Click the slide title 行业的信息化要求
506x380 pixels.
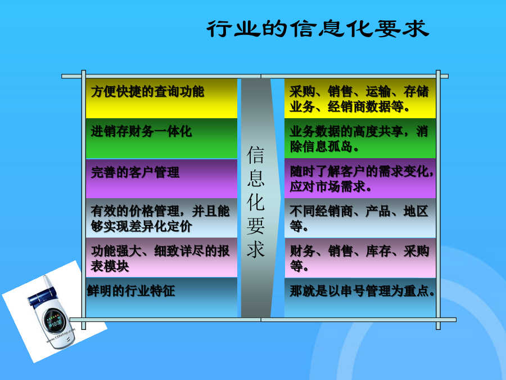point(318,29)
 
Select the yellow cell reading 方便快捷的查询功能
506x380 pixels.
point(161,98)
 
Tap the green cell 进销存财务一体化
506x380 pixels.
point(161,138)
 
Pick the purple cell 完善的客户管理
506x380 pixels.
point(161,178)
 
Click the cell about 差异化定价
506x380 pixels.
point(161,218)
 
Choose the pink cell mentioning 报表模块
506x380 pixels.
point(161,258)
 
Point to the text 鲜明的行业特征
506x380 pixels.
point(131,291)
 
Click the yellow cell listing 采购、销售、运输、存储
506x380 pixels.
point(360,98)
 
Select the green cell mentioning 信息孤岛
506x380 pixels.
point(360,138)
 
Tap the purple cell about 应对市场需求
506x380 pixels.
point(360,178)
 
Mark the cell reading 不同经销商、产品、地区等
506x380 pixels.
point(360,218)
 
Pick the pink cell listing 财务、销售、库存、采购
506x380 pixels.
point(360,258)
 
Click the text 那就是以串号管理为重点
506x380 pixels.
point(362,291)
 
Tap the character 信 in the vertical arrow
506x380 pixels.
point(256,155)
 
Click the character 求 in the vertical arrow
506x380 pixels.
point(256,249)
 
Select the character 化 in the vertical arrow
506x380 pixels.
point(256,202)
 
